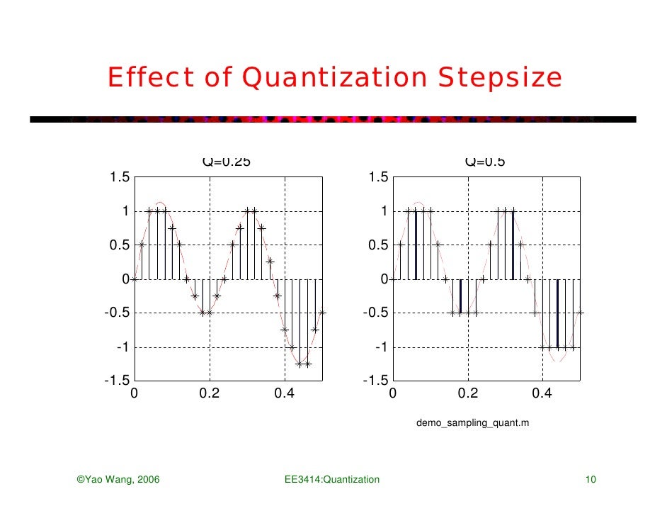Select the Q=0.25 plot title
click(227, 162)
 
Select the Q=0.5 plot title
click(485, 162)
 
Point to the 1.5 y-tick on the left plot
click(118, 177)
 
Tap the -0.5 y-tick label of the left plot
click(116, 313)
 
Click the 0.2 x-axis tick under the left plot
click(210, 394)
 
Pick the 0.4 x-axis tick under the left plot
click(285, 394)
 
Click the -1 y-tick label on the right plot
click(381, 347)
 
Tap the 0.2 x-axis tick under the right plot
click(467, 394)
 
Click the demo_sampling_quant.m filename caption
click(472, 424)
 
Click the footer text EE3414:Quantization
click(331, 481)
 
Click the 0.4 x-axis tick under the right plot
click(542, 394)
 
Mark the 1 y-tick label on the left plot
click(124, 211)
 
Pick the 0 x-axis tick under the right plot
click(392, 394)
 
